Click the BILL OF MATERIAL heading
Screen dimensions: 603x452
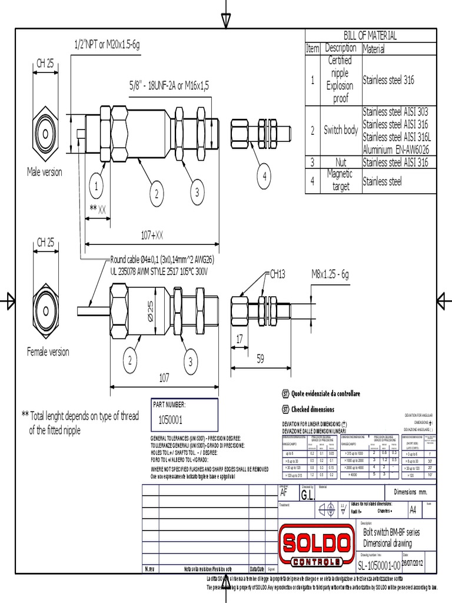[370, 35]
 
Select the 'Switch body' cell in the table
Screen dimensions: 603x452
[341, 130]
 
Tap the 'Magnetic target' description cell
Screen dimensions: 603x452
[341, 180]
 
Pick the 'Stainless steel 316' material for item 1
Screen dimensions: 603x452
[388, 79]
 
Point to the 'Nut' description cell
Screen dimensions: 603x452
[341, 162]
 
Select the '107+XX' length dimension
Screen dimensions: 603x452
[152, 236]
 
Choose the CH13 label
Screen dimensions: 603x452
[277, 274]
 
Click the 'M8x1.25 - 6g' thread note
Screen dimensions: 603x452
[330, 274]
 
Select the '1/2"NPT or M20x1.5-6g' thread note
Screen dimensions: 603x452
[107, 45]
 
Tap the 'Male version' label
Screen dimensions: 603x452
[44, 172]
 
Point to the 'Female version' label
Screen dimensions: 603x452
[48, 352]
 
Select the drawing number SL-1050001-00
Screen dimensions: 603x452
[378, 565]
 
